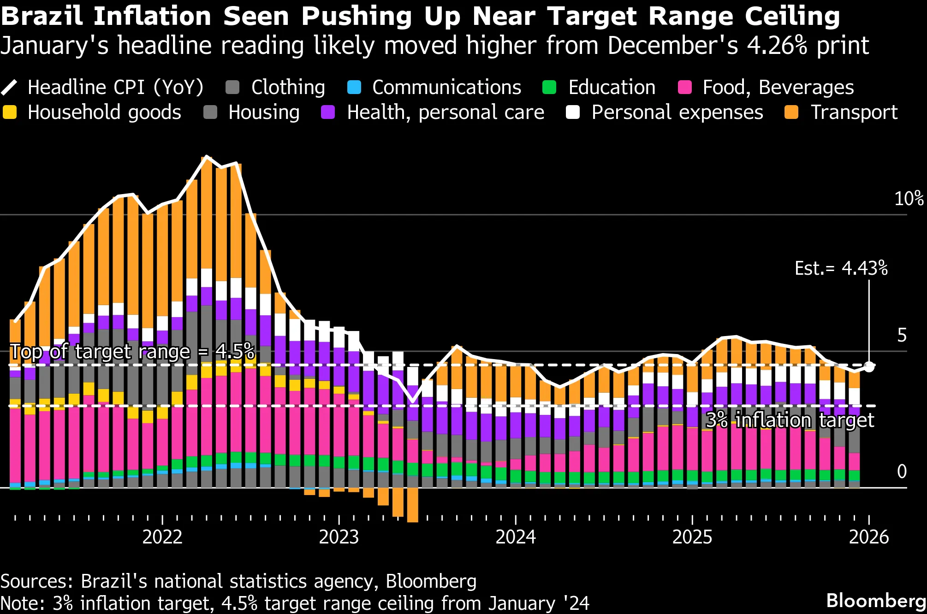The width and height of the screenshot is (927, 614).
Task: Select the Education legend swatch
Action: pyautogui.click(x=549, y=87)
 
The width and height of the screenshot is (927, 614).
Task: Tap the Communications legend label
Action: pyautogui.click(x=446, y=87)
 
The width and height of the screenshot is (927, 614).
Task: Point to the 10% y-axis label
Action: pyautogui.click(x=908, y=199)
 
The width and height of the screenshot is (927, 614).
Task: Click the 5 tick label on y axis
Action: pyautogui.click(x=902, y=335)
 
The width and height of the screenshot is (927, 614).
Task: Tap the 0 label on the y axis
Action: pyautogui.click(x=902, y=471)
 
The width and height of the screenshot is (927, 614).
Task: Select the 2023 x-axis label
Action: pyautogui.click(x=339, y=537)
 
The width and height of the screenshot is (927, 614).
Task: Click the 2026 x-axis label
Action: pyautogui.click(x=868, y=537)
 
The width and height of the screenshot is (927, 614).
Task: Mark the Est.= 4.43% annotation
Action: pyautogui.click(x=841, y=268)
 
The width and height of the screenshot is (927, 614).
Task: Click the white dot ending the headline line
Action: pyautogui.click(x=869, y=367)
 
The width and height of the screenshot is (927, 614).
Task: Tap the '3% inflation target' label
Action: pyautogui.click(x=790, y=420)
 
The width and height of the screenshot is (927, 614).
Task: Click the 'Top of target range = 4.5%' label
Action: pyautogui.click(x=132, y=352)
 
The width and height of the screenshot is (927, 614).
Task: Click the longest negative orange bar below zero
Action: pyautogui.click(x=413, y=505)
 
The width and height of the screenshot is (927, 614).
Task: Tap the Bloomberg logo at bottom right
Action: pyautogui.click(x=876, y=601)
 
